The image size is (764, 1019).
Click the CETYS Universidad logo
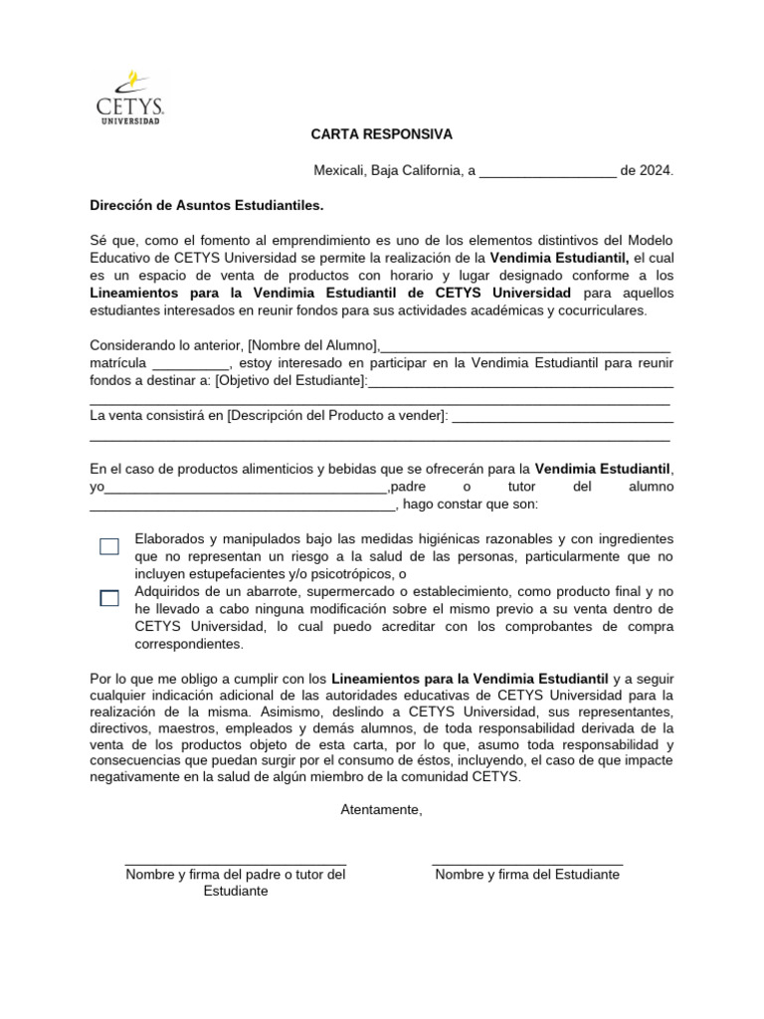point(128,98)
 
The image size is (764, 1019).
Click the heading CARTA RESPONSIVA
point(381,134)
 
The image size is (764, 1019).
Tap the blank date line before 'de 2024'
point(547,170)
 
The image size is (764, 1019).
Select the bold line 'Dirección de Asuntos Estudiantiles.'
point(207,205)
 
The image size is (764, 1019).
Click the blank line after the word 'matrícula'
point(191,362)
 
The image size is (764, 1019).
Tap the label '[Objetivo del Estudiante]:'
point(291,380)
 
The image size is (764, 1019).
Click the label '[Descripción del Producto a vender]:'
point(337,415)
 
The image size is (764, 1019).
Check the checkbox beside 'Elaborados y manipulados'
point(109,546)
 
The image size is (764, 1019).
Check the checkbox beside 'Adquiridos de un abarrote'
point(109,598)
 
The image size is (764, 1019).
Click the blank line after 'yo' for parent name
point(246,487)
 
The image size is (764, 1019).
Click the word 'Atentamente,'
point(381,810)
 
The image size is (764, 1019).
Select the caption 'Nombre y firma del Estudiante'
point(527,875)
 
